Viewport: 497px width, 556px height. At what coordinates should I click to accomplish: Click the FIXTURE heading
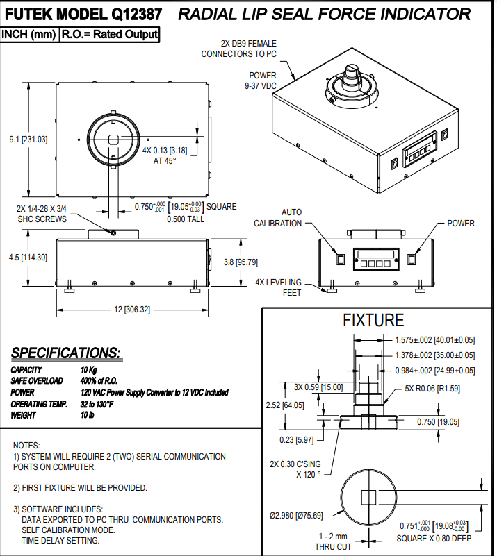[x=373, y=320]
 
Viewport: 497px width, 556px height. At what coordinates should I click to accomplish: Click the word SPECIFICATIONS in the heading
[x=65, y=353]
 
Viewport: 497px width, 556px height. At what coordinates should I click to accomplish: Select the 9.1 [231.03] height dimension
[x=28, y=140]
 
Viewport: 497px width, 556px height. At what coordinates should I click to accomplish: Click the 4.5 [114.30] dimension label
[x=28, y=257]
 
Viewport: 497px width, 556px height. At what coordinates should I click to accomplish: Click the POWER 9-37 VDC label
[x=260, y=80]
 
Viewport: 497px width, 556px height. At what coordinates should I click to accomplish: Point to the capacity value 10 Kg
[x=89, y=370]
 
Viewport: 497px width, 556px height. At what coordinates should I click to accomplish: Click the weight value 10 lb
[x=88, y=415]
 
